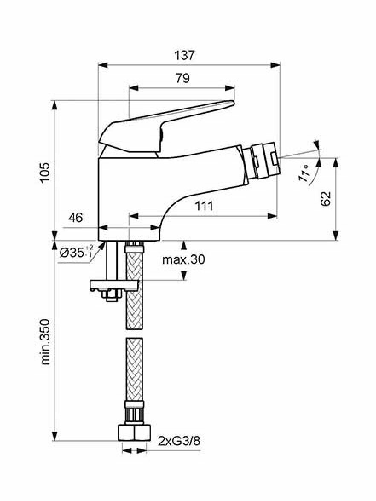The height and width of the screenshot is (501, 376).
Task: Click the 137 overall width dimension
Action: (184, 55)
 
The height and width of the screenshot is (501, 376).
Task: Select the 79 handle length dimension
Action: (182, 78)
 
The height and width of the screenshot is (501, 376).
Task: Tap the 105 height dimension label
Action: (45, 173)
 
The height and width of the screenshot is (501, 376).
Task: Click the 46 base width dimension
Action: (75, 218)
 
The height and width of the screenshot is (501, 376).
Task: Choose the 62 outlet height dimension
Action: (326, 199)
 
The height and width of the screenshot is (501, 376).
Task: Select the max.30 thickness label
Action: (183, 259)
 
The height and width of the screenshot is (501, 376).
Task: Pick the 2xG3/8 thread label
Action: (179, 441)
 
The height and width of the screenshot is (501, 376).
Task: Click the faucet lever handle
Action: (166, 128)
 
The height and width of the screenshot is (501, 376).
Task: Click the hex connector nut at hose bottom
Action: (134, 433)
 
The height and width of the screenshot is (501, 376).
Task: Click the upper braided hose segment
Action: (134, 287)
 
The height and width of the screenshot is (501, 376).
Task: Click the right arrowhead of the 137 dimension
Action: (275, 65)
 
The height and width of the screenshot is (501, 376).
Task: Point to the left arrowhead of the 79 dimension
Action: (134, 88)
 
